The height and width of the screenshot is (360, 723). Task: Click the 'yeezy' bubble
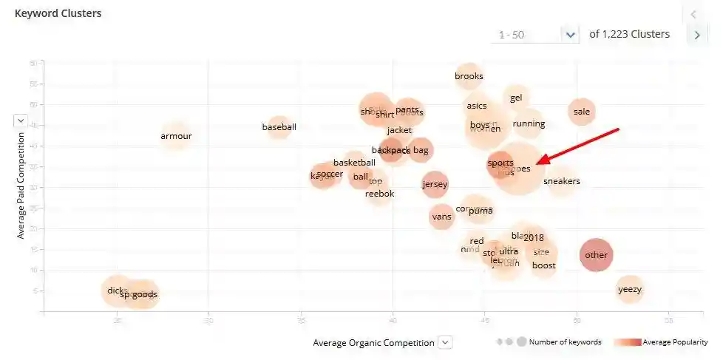[x=630, y=289]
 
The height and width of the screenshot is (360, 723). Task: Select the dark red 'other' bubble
[x=596, y=255]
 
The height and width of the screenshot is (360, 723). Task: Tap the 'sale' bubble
[x=582, y=112]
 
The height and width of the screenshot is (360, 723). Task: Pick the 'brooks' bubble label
[x=469, y=76]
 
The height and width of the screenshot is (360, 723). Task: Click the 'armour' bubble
[x=176, y=136]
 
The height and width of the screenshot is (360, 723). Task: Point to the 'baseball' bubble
[x=279, y=127]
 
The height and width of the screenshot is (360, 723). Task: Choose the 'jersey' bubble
[x=435, y=185]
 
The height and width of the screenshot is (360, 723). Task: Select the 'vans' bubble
[x=441, y=217]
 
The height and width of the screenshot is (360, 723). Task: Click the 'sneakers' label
[x=562, y=181]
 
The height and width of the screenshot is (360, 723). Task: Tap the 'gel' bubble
[x=516, y=98]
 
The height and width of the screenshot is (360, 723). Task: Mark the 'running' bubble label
[x=529, y=123]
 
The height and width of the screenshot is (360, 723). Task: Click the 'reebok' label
[x=380, y=194]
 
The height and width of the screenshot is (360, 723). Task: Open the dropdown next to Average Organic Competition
[x=444, y=342]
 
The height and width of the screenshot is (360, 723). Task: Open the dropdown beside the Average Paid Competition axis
[x=21, y=120]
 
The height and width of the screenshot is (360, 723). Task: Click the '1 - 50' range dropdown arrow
[x=569, y=34]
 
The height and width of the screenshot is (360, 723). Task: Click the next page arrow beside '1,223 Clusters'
[x=696, y=35]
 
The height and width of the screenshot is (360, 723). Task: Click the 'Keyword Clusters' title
[x=58, y=13]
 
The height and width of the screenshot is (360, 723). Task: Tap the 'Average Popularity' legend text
[x=675, y=342]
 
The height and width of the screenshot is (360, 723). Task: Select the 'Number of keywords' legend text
[x=565, y=342]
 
